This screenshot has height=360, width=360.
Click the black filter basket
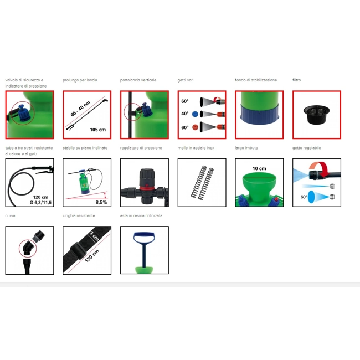pos(316,115)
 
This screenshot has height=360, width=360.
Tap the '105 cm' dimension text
pos(98,130)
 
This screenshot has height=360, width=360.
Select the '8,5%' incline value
pos(101,202)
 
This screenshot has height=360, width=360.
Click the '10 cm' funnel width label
pos(259,168)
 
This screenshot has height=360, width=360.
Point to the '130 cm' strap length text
pos(92,256)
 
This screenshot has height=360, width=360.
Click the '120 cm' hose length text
pos(40,197)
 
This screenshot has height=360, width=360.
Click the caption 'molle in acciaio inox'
pos(196,148)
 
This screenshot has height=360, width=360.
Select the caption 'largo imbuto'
pos(246,148)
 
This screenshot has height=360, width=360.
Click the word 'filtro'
pos(297,80)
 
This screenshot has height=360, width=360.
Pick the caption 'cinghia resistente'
pos(79,215)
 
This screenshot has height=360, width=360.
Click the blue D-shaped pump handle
pos(144,238)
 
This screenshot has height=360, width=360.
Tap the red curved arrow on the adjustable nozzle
pos(319,169)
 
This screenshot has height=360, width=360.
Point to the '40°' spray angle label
pos(185,114)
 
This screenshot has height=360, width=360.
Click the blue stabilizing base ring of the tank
pos(259,114)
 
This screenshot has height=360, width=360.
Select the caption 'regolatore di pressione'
pos(141,148)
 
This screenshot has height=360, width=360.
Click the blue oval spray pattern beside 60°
pos(311,197)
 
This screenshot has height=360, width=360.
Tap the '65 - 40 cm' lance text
pos(80,109)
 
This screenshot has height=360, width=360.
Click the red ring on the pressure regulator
pos(145,188)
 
